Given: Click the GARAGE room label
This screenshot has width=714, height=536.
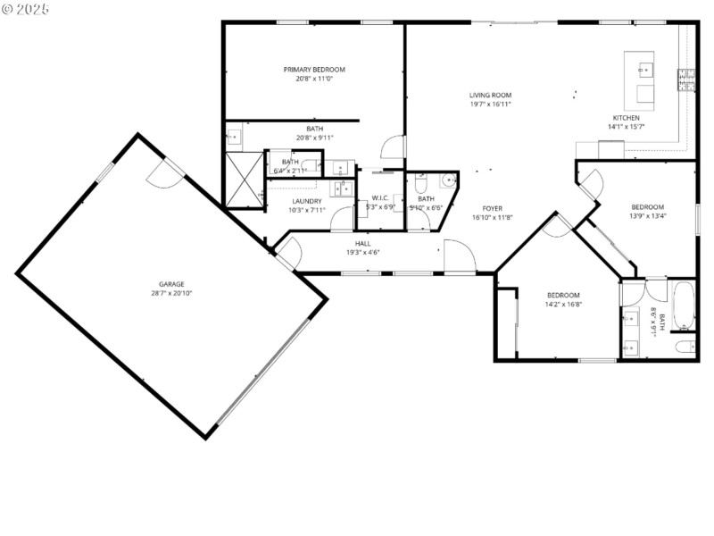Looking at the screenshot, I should click(x=167, y=283).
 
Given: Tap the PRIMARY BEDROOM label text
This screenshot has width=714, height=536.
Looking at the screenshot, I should click(x=314, y=70).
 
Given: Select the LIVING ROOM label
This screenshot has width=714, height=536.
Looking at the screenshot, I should click(x=490, y=95).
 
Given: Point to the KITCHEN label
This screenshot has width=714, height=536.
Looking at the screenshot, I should click(x=626, y=118).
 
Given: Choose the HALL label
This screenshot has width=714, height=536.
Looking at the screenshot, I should click(x=362, y=243).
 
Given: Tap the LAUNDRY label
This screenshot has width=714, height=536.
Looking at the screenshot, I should click(x=306, y=201).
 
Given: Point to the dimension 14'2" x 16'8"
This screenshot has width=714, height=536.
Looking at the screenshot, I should click(x=563, y=305).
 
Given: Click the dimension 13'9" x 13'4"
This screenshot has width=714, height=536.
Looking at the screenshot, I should click(x=648, y=215).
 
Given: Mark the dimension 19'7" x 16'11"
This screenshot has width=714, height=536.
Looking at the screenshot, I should click(x=490, y=105).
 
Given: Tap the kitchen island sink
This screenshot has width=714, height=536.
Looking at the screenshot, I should click(x=644, y=67).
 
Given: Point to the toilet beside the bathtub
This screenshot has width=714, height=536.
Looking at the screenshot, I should click(x=684, y=347).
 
